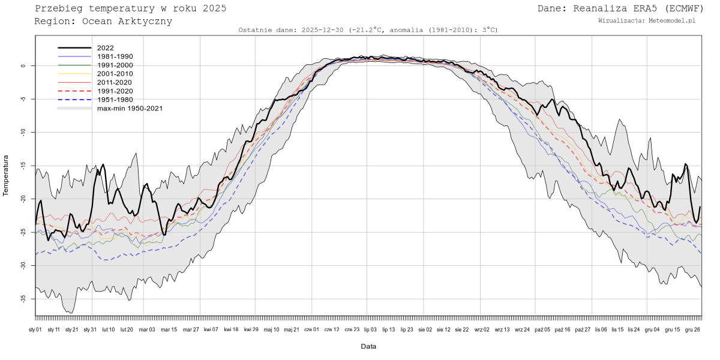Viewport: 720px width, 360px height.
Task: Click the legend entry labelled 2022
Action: pos(105,47)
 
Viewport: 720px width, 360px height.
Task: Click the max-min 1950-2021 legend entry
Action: pos(130,109)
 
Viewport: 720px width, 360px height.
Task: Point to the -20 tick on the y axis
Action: pos(24,199)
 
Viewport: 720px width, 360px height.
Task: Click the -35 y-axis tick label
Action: pos(24,298)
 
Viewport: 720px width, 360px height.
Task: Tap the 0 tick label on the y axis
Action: pos(24,66)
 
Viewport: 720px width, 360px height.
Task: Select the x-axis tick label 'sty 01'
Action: pos(35,329)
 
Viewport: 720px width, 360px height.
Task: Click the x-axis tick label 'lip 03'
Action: pos(370,329)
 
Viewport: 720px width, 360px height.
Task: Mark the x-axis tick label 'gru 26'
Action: pos(693,329)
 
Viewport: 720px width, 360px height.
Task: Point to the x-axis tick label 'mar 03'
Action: pos(147,329)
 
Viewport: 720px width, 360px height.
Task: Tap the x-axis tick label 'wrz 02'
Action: pos(482,329)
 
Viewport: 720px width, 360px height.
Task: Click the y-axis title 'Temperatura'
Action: pos(7,175)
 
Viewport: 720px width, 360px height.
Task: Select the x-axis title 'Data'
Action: pos(368,346)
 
